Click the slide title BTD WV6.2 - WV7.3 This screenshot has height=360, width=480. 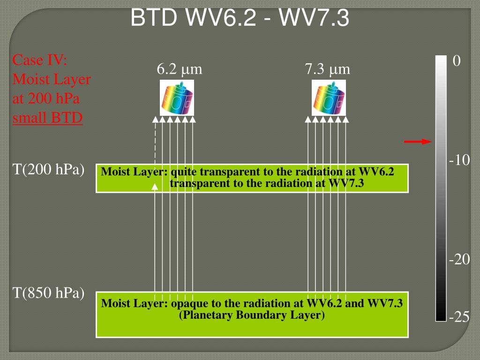coord(240,19)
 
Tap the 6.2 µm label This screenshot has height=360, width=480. coord(180,70)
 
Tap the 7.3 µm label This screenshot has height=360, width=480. coord(328,70)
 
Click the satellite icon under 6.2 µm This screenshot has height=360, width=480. coord(177,98)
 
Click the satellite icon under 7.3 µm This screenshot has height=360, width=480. coord(329,98)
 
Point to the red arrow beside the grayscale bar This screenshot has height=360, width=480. coord(417,142)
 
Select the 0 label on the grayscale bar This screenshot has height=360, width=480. coord(457,61)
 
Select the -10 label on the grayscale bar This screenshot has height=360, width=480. coord(459,161)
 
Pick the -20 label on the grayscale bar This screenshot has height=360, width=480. coord(459,260)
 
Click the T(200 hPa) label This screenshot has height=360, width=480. coord(48,170)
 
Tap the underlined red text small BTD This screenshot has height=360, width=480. coord(48,118)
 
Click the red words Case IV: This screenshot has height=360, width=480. coord(40,60)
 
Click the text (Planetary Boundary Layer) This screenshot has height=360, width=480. coord(252,315)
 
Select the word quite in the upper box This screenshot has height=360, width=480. coord(185,172)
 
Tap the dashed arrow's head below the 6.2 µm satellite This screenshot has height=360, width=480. coord(155,120)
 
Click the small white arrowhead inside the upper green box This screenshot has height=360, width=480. coord(155,187)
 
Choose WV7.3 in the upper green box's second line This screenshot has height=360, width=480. coord(347,183)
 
